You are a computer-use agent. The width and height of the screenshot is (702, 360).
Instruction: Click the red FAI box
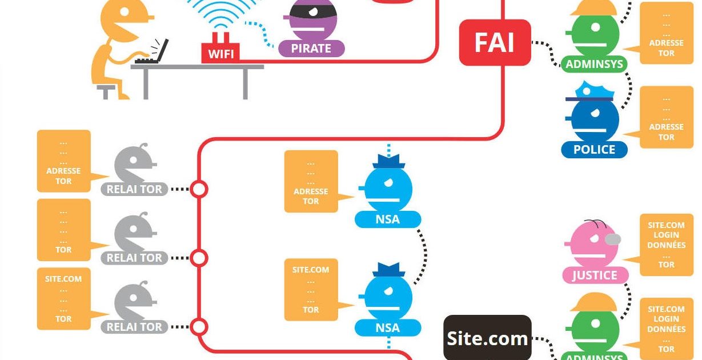click(495, 43)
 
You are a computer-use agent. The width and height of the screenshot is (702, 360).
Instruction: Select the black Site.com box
click(487, 338)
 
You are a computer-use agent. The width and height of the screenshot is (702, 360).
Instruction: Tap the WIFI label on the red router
click(220, 54)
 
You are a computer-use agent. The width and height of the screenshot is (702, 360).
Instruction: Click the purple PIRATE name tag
click(311, 49)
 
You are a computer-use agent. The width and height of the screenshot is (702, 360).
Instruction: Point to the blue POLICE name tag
click(594, 150)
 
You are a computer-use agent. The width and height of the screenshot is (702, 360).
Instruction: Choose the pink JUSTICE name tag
click(595, 275)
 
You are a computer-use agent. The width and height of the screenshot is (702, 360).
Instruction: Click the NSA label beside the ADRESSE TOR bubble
click(388, 219)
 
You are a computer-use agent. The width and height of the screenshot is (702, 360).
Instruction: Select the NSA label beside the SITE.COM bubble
click(388, 328)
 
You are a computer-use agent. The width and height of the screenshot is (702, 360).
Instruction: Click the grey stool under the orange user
click(106, 90)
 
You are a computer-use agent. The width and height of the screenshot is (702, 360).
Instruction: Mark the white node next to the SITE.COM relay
click(199, 327)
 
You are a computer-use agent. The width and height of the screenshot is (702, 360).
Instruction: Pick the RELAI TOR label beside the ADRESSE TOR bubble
click(134, 189)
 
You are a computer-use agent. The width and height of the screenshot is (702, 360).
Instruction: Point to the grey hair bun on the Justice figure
click(612, 239)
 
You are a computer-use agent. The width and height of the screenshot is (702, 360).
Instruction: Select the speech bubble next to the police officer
click(665, 117)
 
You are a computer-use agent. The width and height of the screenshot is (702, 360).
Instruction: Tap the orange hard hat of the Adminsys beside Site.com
click(594, 302)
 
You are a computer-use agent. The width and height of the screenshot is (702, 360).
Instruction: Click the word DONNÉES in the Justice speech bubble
click(666, 245)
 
